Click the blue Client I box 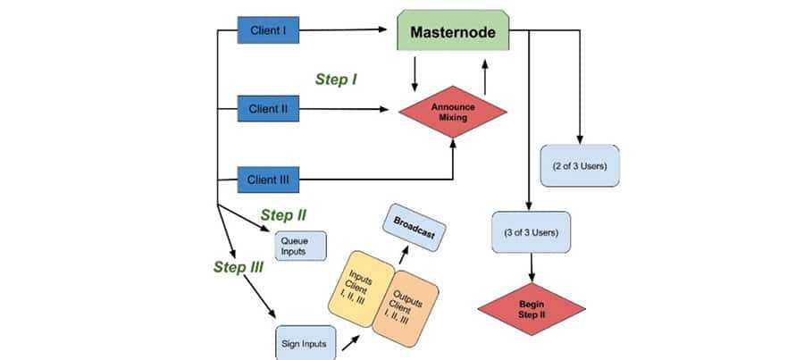point(268,31)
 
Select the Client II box point(268,109)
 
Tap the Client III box point(268,179)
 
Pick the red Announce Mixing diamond point(452,110)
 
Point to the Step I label point(337,80)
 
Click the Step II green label point(284,215)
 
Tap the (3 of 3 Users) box point(532,233)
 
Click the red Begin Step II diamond point(532,309)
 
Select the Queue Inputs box point(295,246)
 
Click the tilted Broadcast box point(414,226)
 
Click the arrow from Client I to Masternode point(348,32)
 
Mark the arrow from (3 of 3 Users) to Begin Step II point(532,267)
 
